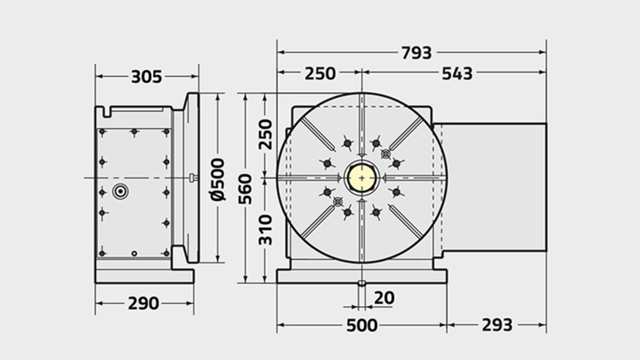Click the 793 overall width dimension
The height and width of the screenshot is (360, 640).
coord(416,53)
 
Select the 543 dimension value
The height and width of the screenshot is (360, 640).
coord(457,74)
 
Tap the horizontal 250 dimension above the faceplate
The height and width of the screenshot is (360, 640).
coord(320,74)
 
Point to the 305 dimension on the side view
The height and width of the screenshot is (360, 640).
coord(146,77)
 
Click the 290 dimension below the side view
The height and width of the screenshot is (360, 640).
coord(143,303)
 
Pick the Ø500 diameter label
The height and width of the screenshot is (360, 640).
coord(218,179)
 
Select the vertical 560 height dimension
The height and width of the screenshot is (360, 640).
coord(246,189)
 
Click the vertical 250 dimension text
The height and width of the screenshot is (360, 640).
coord(266,134)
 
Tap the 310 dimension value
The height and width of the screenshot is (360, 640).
coord(266,230)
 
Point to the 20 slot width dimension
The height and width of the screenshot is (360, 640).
coord(384,298)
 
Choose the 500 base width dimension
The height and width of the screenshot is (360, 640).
coord(362,326)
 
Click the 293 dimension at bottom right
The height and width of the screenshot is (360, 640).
coord(497,326)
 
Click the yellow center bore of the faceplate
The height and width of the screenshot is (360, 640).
coord(362,178)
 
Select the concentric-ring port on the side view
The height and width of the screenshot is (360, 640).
coord(121,191)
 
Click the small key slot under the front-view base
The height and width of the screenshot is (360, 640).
coord(362,283)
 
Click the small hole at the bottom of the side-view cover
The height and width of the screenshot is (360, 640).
coord(134,254)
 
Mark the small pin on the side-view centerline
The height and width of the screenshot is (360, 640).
coord(194,178)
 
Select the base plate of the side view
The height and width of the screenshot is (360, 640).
coord(145,276)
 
